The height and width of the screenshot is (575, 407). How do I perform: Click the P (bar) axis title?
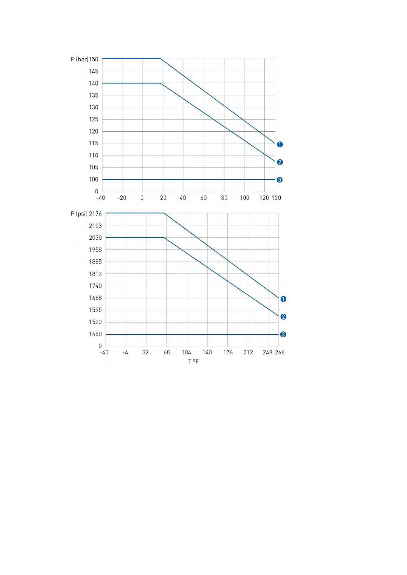pos(79,59)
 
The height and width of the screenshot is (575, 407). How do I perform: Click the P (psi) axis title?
pos(79,213)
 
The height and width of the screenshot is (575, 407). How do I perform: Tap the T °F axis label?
pos(193,362)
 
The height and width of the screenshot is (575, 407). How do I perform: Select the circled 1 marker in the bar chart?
pos(280,144)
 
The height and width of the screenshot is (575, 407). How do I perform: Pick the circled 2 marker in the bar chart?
pos(280,162)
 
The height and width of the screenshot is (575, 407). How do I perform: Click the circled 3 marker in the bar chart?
pos(279,180)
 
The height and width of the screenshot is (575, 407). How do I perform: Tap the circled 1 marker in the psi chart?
pos(283,299)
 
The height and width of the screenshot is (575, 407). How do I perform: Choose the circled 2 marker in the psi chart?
pos(283,317)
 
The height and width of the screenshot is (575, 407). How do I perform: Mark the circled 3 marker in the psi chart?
pos(283,334)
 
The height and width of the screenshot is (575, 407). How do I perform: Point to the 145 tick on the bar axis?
pos(93,72)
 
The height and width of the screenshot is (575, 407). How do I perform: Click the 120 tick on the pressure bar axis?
pos(93,132)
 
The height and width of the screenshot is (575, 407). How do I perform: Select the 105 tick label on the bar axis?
pos(93,167)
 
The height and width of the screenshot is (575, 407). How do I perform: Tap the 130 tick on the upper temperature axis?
pos(276,198)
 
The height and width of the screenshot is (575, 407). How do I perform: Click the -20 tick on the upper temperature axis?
pos(122,198)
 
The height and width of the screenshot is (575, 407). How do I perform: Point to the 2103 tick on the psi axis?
pos(96,226)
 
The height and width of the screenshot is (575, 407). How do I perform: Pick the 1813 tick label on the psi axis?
pos(96,274)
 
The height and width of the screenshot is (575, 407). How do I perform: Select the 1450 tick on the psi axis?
pos(96,334)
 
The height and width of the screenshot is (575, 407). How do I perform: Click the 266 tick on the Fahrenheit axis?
pos(280,352)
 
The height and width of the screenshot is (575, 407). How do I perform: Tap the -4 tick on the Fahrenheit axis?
pos(125,352)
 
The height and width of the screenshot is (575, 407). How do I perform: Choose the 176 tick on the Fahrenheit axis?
pos(228,352)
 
